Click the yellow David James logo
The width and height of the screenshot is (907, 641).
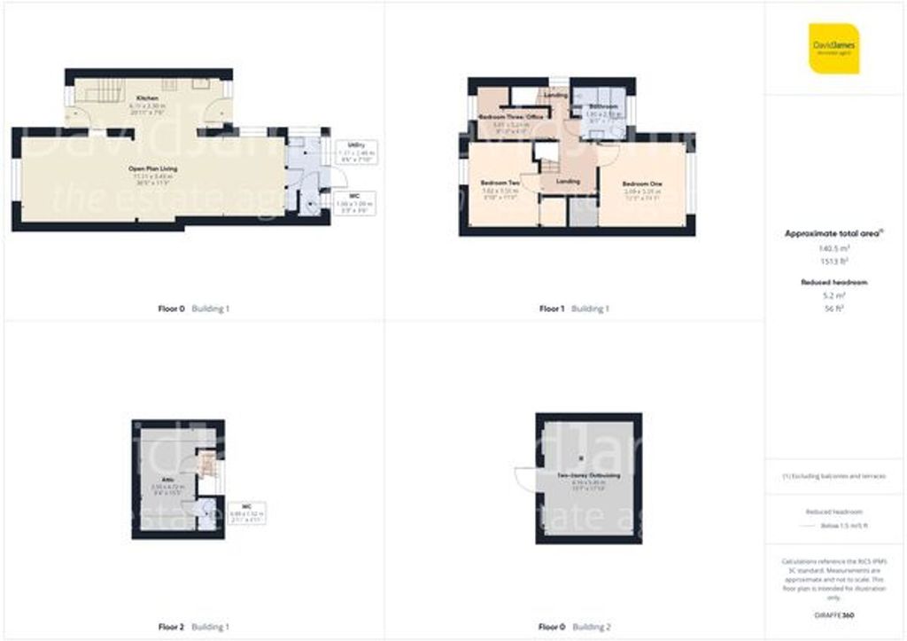(x=833, y=48)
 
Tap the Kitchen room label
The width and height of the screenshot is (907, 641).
(x=147, y=98)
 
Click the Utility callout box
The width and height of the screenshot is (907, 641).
(x=356, y=152)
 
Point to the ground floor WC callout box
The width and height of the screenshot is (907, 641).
(x=355, y=204)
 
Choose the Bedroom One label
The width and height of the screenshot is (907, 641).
(x=642, y=184)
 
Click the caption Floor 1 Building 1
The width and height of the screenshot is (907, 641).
(x=575, y=309)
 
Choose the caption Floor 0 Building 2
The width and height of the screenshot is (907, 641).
(x=575, y=627)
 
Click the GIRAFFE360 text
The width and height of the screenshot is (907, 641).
(x=835, y=614)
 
